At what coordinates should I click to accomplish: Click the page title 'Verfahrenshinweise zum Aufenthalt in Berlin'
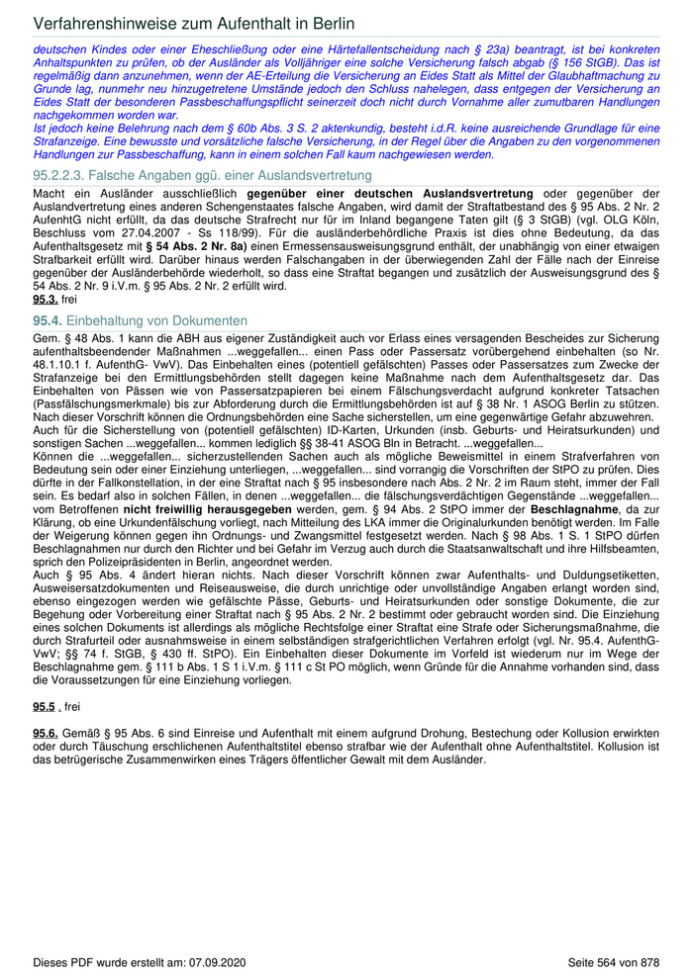[194, 23]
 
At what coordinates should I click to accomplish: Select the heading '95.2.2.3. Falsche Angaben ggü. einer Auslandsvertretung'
[188, 175]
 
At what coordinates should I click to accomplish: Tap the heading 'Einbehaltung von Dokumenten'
[156, 320]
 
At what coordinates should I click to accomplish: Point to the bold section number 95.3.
[45, 299]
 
